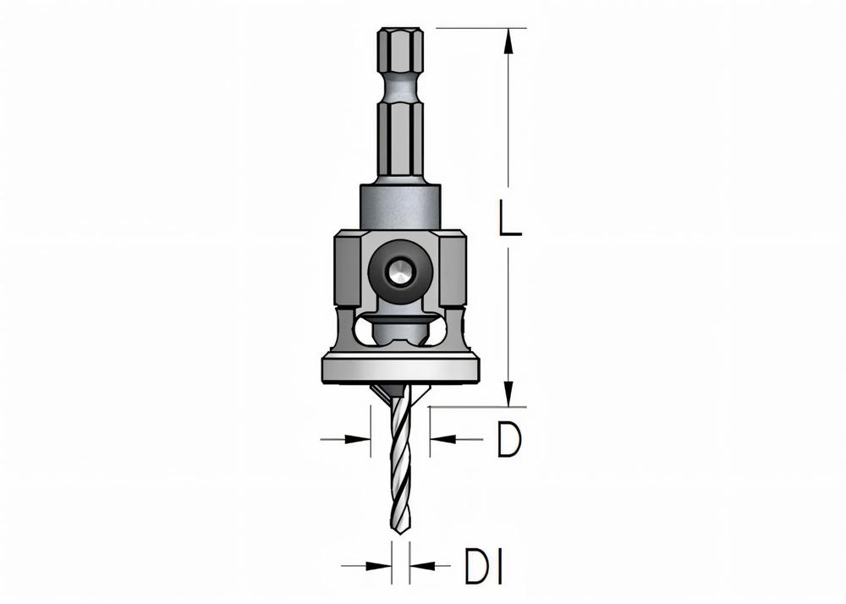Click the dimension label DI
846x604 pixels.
[x=483, y=566]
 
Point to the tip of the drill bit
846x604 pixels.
[x=399, y=533]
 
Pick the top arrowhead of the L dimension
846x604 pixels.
[x=508, y=37]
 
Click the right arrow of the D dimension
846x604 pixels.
[x=441, y=439]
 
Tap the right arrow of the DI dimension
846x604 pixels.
[x=419, y=566]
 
